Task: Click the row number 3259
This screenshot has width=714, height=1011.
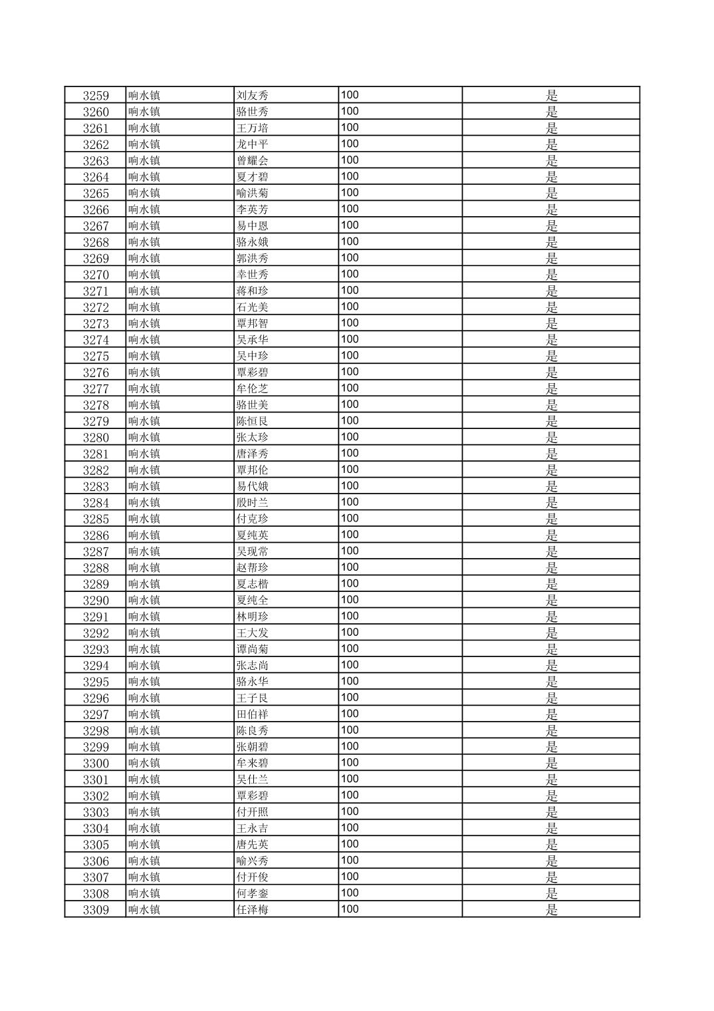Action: (96, 95)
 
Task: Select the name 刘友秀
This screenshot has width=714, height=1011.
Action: (253, 95)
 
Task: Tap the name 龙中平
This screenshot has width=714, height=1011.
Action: (253, 144)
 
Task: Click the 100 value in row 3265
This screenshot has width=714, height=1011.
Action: (350, 193)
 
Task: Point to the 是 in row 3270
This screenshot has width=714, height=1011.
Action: (552, 275)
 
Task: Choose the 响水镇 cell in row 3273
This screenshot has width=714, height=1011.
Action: (144, 323)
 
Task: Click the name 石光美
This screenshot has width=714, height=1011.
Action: (253, 307)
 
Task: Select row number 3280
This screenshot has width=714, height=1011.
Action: (96, 438)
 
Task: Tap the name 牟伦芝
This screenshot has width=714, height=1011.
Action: (253, 388)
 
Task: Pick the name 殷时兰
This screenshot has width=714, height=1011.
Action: (253, 503)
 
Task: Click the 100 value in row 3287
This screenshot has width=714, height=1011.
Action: (350, 551)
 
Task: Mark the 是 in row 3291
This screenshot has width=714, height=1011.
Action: (552, 617)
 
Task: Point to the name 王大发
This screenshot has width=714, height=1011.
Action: (253, 633)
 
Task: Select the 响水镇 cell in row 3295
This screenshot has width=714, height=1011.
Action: (144, 682)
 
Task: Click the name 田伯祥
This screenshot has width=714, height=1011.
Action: (253, 714)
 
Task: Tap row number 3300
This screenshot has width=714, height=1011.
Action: (96, 764)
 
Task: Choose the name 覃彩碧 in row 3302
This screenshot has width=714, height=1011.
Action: (253, 796)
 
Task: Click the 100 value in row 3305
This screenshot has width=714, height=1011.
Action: (350, 844)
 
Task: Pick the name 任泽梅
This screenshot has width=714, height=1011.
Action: (253, 910)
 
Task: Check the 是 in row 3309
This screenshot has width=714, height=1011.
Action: (552, 910)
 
